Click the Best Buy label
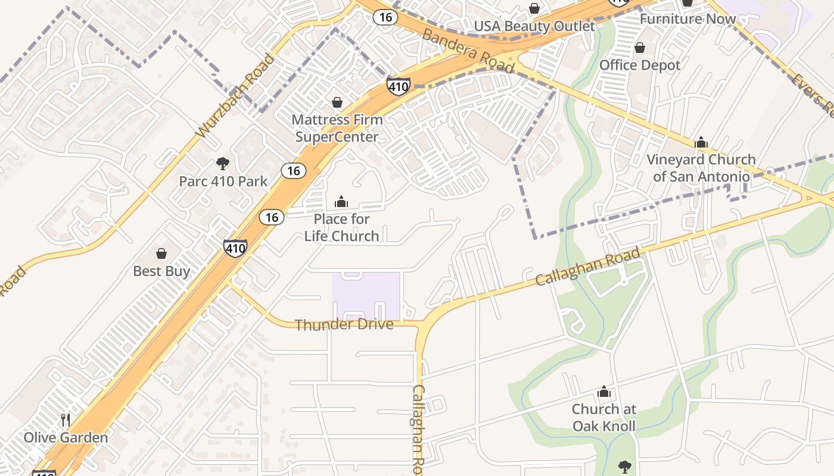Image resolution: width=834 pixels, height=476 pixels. click(161, 271)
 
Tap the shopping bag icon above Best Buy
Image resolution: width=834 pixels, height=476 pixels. click(161, 254)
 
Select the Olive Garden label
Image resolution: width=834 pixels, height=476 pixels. click(66, 438)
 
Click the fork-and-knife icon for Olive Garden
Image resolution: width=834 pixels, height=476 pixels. click(66, 420)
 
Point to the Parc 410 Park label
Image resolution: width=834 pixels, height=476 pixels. click(223, 181)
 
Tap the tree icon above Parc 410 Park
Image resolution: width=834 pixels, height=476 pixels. click(223, 164)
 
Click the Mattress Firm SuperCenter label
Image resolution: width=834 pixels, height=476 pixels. click(337, 128)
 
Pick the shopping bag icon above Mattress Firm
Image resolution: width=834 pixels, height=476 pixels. click(337, 103)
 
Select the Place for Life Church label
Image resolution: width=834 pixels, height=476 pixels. click(341, 227)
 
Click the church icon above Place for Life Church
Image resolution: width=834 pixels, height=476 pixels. click(341, 202)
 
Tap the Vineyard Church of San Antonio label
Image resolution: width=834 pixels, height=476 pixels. click(701, 168)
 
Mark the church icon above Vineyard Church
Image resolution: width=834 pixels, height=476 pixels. click(701, 143)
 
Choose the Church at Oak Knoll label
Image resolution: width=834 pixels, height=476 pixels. click(604, 418)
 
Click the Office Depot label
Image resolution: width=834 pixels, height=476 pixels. click(640, 65)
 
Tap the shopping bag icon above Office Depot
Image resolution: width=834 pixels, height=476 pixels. click(640, 48)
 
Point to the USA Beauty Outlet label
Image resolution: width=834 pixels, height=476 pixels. click(534, 27)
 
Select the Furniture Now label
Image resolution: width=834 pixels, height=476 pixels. click(687, 19)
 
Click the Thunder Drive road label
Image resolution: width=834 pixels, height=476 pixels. click(344, 325)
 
